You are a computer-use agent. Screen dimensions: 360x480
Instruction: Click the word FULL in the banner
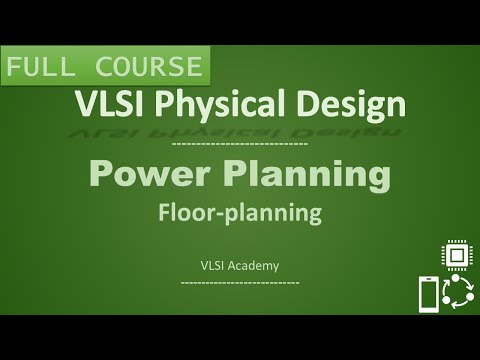(x=40, y=68)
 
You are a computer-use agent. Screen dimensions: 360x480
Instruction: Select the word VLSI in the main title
(x=104, y=103)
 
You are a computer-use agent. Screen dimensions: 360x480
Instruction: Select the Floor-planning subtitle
(x=239, y=212)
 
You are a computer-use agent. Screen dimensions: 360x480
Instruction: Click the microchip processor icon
(x=457, y=257)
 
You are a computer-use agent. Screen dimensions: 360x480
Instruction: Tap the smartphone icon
(x=428, y=294)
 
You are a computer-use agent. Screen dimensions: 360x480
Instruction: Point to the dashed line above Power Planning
(x=240, y=146)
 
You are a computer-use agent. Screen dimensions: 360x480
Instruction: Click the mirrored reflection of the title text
(x=239, y=128)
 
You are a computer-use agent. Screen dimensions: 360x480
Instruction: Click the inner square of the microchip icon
(x=457, y=257)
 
